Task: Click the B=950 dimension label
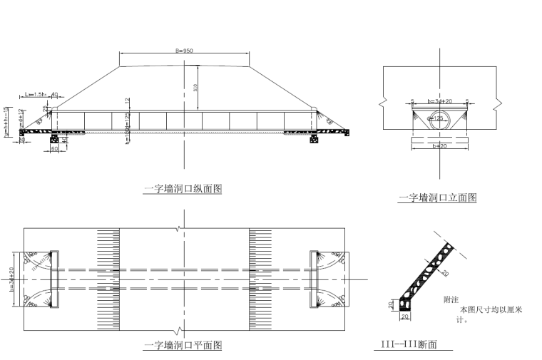pos(184,51)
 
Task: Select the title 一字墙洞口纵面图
pos(183,189)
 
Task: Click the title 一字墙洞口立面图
pos(438,197)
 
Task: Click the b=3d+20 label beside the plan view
pos(13,279)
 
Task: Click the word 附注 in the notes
pos(451,300)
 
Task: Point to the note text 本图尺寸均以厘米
pos(492,310)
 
